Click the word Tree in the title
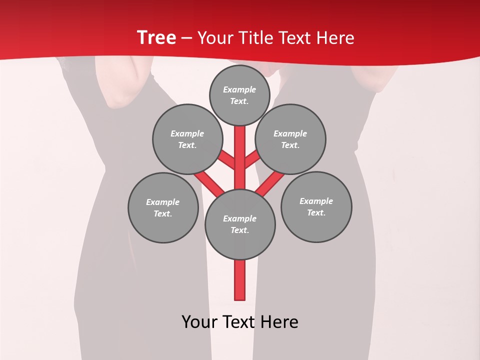click(156, 37)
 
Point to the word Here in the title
click(336, 38)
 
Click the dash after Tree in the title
click(186, 38)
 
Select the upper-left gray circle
click(187, 139)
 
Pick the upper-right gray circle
click(290, 139)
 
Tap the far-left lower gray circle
click(163, 207)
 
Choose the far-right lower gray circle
click(316, 206)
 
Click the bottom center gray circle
click(240, 224)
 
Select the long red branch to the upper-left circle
click(209, 182)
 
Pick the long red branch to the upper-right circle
click(270, 182)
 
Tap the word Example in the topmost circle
click(239, 89)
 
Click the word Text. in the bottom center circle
click(240, 230)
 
